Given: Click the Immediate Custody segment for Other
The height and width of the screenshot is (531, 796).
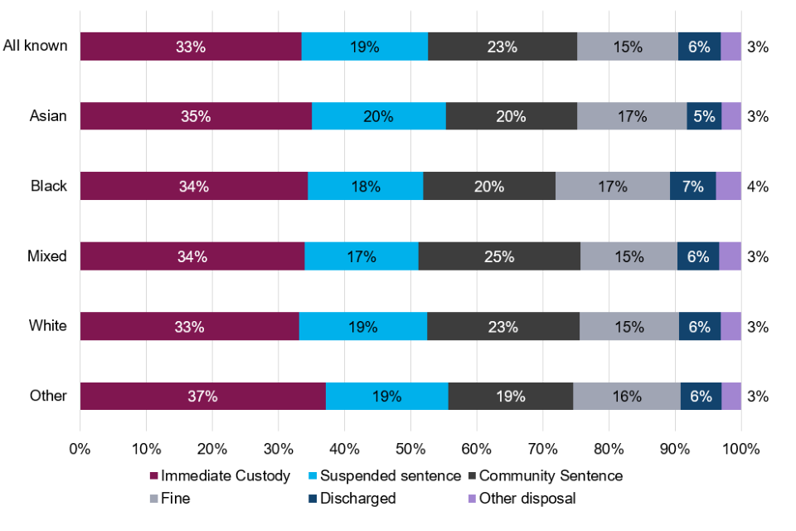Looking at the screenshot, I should tap(202, 396).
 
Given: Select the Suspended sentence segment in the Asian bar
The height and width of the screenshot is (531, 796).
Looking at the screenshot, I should tap(378, 116).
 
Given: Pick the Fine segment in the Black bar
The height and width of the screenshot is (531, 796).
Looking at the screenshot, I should tap(612, 187).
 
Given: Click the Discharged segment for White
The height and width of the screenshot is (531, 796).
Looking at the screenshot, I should tap(699, 326).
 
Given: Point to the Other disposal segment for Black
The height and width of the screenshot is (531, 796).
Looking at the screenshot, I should tap(728, 187).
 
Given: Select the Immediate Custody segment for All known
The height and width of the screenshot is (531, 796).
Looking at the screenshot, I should tap(191, 46).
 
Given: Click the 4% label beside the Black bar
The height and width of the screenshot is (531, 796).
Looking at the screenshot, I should tap(758, 187).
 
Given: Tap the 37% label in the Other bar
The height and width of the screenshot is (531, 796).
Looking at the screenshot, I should tap(202, 396).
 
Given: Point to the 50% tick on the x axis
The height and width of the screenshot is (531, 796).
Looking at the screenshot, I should tap(410, 449).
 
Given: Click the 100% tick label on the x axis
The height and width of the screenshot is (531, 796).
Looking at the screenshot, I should tap(740, 449).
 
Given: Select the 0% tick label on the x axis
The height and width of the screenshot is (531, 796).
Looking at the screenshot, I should tap(80, 449).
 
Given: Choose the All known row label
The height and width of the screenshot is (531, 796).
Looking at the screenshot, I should tap(35, 46).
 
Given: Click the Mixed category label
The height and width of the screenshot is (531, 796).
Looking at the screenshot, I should tap(47, 256).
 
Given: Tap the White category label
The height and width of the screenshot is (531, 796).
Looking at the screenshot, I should tap(48, 326).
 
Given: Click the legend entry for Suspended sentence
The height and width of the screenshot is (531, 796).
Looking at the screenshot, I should tap(390, 475).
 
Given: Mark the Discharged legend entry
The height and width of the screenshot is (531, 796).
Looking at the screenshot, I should tap(357, 499).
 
